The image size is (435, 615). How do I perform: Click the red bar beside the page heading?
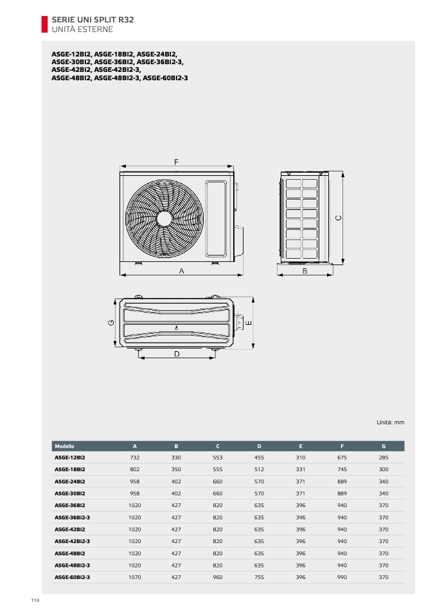44,24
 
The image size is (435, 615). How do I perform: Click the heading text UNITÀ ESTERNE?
82,30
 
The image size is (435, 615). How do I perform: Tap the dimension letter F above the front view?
176,162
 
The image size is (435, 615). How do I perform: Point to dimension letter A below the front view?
181,271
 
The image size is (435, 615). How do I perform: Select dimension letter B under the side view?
305,271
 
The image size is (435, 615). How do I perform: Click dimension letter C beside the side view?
339,218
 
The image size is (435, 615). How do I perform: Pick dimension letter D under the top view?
177,354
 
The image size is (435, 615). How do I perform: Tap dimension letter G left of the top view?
111,323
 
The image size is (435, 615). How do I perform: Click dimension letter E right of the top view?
249,323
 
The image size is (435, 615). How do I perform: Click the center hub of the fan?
164,218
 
